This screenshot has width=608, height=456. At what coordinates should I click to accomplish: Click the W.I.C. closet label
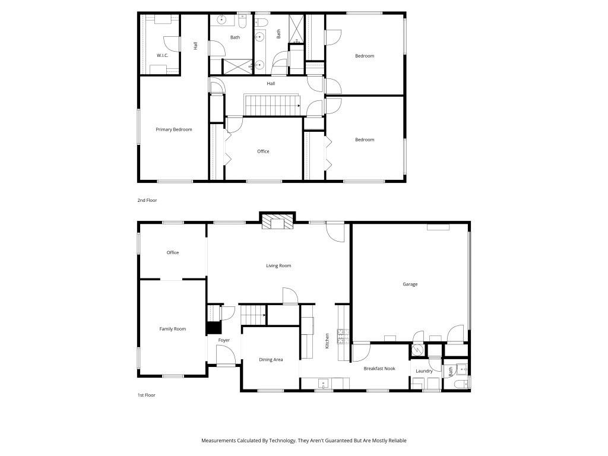point(162,55)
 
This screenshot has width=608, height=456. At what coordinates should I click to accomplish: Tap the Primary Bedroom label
point(174,129)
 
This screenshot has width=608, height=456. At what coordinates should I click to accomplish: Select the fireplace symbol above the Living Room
point(277,221)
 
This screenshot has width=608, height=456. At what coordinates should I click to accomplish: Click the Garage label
point(410,284)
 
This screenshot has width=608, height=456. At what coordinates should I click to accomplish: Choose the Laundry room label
point(424,371)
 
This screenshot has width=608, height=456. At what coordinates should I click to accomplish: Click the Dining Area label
point(271,360)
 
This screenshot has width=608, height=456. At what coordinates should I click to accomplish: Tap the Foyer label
point(224,340)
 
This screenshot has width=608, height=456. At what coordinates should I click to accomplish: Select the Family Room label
point(173,329)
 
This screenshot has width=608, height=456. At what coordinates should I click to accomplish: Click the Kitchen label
point(327,341)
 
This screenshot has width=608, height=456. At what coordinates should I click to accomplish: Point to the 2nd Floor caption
point(147,201)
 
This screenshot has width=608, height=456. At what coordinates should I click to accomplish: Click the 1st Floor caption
point(146,395)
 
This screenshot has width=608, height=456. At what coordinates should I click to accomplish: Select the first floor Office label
point(173,253)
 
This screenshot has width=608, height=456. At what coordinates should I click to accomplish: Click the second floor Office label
point(263,151)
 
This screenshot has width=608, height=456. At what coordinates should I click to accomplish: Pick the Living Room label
point(278,266)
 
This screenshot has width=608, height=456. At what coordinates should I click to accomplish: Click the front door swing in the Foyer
point(224,356)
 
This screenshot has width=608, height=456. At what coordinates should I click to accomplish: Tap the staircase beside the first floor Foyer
point(252,315)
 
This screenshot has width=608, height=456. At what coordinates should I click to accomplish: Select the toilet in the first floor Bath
point(458,384)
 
